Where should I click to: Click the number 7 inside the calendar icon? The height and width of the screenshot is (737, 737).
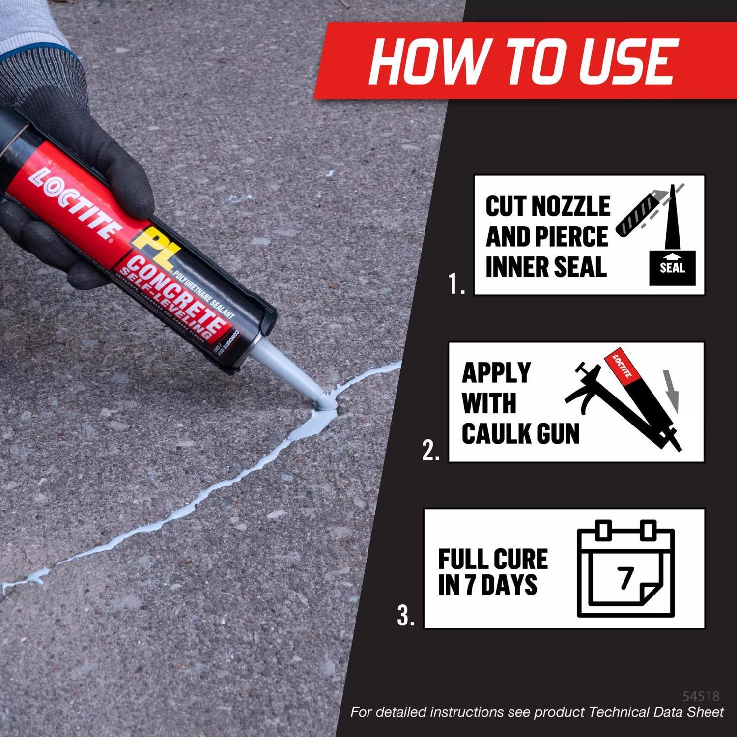pos(625,578)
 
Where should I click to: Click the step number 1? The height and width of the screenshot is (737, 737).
pos(456,284)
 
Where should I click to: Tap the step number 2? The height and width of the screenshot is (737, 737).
pos(431,451)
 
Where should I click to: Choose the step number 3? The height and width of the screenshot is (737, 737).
pos(406,617)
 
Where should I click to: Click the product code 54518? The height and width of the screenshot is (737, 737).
pos(701,696)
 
